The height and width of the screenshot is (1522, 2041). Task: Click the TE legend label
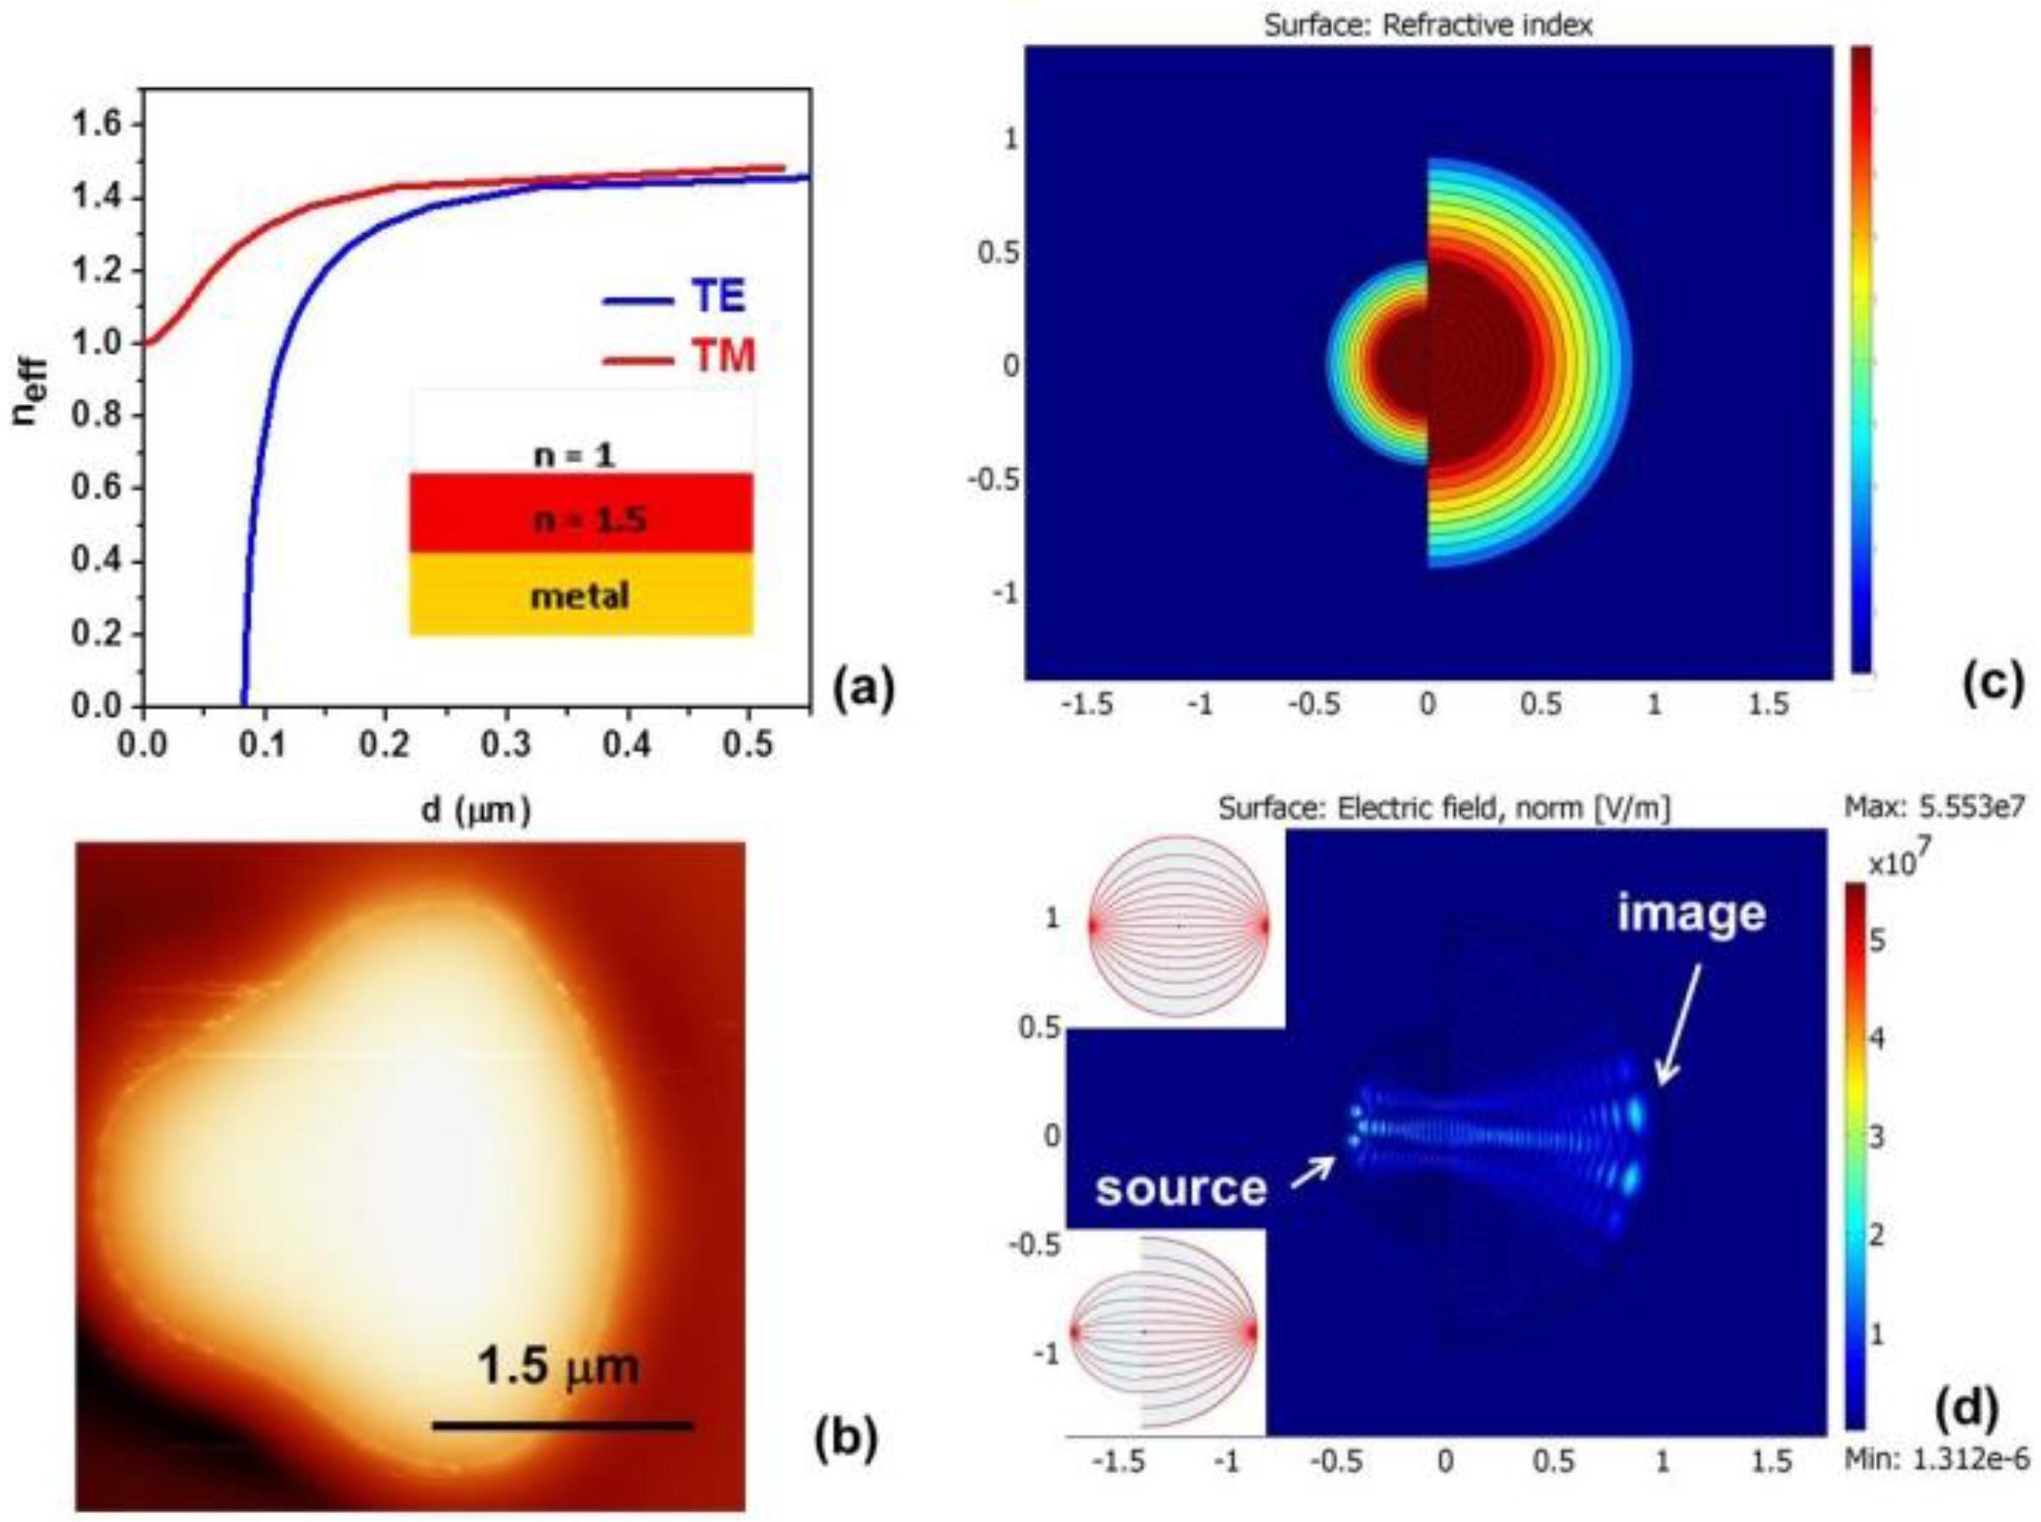click(x=718, y=297)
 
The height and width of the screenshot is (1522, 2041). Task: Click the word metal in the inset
click(x=579, y=596)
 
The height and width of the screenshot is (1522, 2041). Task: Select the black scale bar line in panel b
click(x=562, y=1426)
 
